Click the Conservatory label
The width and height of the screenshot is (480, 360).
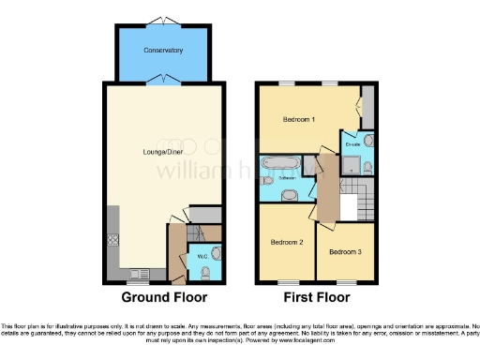[163, 50]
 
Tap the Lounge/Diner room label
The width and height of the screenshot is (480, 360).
[151, 150]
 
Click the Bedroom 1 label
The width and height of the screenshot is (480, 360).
[300, 120]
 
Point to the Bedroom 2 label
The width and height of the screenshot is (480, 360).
[287, 241]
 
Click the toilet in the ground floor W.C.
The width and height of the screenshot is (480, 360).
[205, 272]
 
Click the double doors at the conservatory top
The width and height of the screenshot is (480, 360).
[163, 21]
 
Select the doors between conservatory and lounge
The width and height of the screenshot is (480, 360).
[163, 79]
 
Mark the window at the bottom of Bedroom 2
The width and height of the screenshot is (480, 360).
[287, 282]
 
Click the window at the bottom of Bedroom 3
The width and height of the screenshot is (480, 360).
[346, 282]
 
